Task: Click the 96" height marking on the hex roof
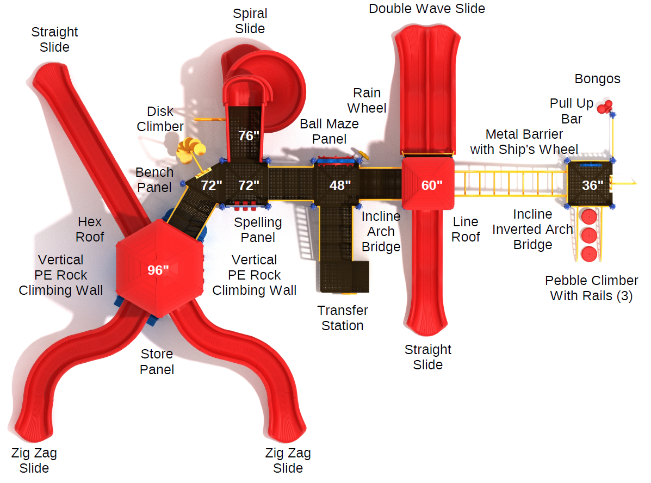tap(158, 270)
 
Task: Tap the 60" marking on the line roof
tap(432, 185)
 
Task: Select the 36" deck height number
tap(592, 185)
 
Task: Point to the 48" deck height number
tap(340, 185)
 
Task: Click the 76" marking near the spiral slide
tap(249, 136)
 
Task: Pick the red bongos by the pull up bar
tap(605, 107)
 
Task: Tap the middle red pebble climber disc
tap(589, 236)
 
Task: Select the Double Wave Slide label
tap(426, 9)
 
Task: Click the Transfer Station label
tap(343, 318)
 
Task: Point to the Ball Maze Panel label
tap(329, 132)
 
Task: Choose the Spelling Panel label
tap(258, 230)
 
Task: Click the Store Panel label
tap(157, 362)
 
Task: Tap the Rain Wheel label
tap(367, 101)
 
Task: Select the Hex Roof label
tap(90, 229)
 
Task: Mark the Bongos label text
tap(597, 79)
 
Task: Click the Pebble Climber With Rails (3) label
tap(591, 288)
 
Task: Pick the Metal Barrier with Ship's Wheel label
tap(524, 141)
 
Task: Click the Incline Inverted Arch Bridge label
tap(532, 230)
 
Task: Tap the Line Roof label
tap(466, 229)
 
